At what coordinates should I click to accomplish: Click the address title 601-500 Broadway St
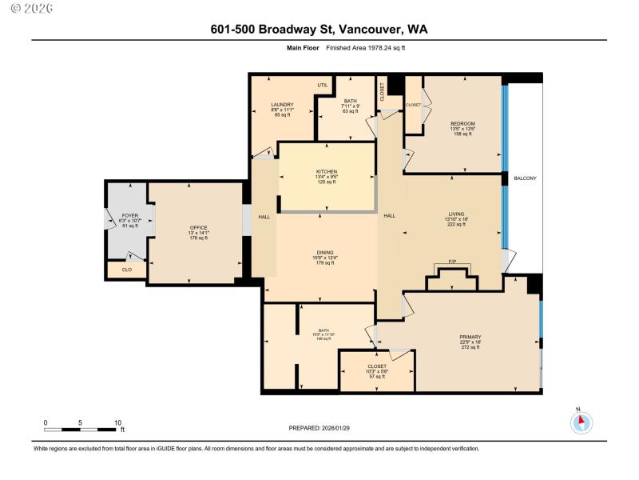pyautogui.click(x=319, y=29)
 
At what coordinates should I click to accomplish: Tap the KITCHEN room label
pyautogui.click(x=326, y=172)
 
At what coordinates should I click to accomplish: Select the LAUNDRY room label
pyautogui.click(x=282, y=104)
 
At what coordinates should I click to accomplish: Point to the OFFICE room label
pyautogui.click(x=198, y=228)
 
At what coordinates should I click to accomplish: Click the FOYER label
pyautogui.click(x=129, y=216)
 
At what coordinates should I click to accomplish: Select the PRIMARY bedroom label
pyautogui.click(x=470, y=337)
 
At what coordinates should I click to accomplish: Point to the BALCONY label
pyautogui.click(x=525, y=178)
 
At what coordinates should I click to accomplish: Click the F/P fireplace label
pyautogui.click(x=451, y=262)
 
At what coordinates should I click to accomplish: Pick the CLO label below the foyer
pyautogui.click(x=126, y=270)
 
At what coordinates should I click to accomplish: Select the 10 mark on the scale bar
pyautogui.click(x=117, y=422)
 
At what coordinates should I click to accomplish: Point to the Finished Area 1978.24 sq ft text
pyautogui.click(x=359, y=48)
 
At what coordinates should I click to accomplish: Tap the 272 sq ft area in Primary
pyautogui.click(x=470, y=346)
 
